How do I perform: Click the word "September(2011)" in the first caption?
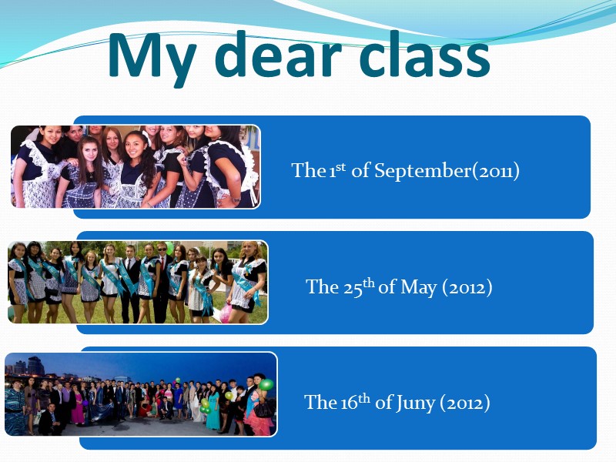coord(447,171)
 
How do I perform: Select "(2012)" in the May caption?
coord(467,287)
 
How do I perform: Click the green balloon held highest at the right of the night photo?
coord(266,383)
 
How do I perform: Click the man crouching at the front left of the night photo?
coord(48,420)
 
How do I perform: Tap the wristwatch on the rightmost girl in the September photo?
coord(229,199)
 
